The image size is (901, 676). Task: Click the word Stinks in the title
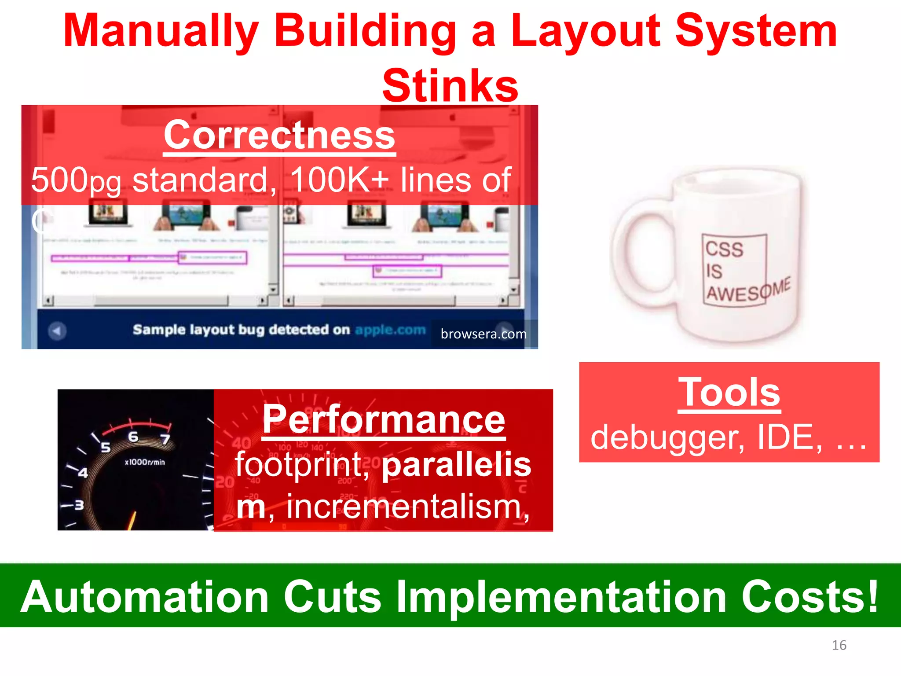coord(450,86)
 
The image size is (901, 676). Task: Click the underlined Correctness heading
coord(279,136)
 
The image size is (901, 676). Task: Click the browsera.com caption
coord(483,334)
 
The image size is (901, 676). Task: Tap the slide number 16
coord(839,645)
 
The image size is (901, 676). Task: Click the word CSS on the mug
coord(724,249)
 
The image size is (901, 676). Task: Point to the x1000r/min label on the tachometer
coord(145,462)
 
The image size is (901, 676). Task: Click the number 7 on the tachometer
coord(165,439)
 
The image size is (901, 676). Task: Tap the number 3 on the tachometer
coord(79,505)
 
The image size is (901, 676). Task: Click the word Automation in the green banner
coord(145,597)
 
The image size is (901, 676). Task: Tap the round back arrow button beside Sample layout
coord(57,331)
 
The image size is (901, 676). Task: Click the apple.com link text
coord(390,330)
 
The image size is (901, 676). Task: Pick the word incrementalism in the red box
coord(403,506)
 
